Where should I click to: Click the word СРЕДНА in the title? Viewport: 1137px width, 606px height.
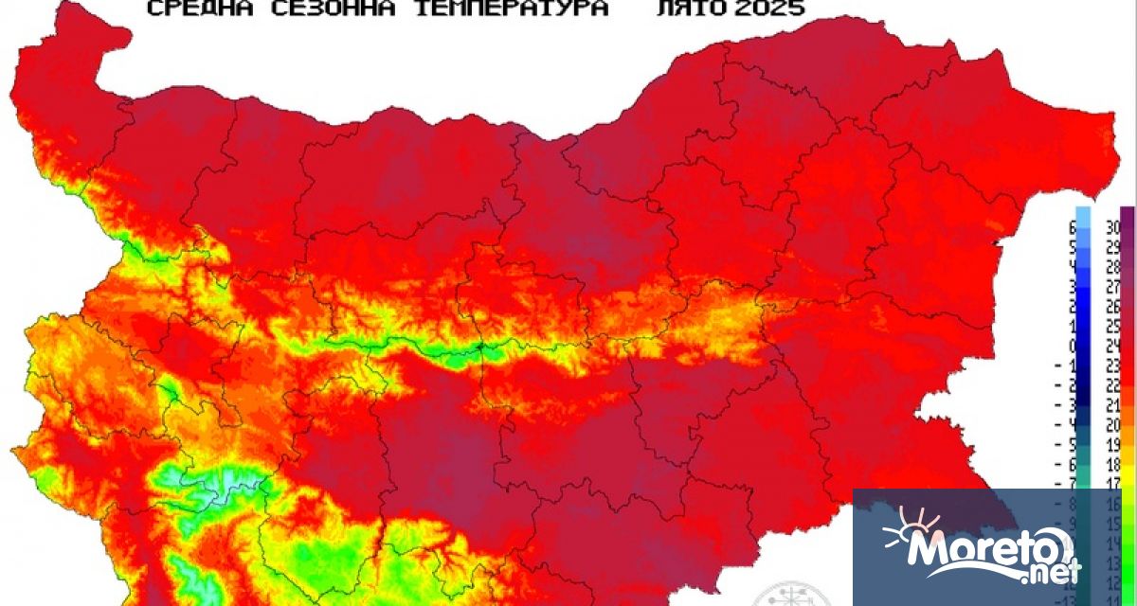189,9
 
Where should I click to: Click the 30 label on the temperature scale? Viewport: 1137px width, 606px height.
1113,225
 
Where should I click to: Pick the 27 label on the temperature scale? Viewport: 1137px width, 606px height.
1113,286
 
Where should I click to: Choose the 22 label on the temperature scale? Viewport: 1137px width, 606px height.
1113,384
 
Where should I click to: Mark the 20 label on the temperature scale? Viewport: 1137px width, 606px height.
1113,424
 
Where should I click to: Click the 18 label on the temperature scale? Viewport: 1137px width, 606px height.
1113,464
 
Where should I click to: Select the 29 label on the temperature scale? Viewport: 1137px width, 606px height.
1113,245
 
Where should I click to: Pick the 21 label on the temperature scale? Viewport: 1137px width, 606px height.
1113,404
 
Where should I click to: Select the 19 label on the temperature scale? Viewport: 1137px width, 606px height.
1113,444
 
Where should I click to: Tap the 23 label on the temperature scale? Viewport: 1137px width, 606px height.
1113,365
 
